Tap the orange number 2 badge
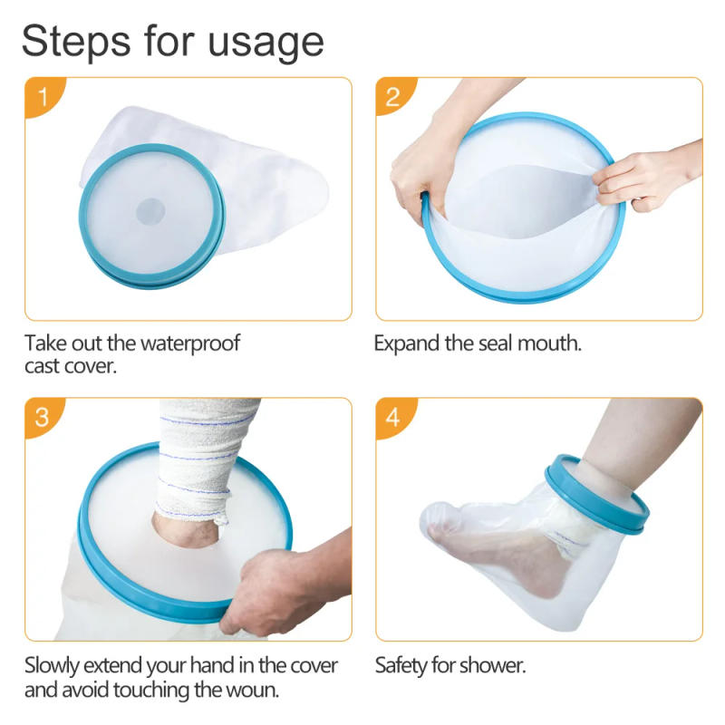[392, 96]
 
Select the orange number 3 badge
[40, 418]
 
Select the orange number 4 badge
[392, 418]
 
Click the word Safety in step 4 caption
[402, 666]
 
